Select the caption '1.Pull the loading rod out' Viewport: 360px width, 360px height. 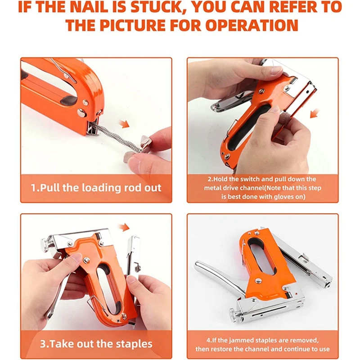point(96,188)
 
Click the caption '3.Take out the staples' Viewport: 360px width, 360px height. point(96,344)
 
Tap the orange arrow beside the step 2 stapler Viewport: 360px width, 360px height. point(315,112)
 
